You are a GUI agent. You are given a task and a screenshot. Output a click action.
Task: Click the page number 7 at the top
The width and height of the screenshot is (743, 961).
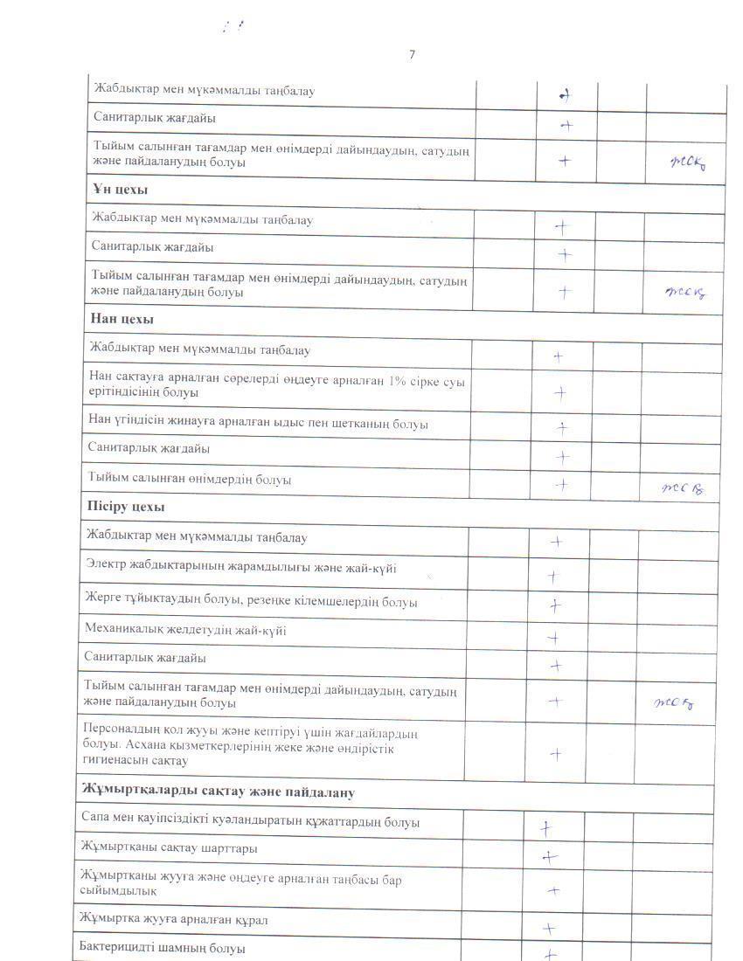[x=412, y=55]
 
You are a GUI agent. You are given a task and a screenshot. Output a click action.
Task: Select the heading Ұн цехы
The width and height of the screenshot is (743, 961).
[x=119, y=190]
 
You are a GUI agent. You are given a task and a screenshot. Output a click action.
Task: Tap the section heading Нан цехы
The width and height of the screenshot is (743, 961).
[x=121, y=320]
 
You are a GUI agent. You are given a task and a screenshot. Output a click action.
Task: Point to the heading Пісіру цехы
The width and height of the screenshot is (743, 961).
[x=126, y=508]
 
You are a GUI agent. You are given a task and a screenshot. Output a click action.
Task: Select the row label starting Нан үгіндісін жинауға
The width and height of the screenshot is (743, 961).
[x=258, y=424]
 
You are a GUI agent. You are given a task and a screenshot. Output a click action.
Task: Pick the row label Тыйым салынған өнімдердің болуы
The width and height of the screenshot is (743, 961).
[x=190, y=480]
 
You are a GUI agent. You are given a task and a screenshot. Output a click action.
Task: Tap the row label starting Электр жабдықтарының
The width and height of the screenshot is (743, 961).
[x=240, y=569]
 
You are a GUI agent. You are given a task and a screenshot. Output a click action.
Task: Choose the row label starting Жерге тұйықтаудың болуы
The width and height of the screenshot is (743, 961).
[x=251, y=602]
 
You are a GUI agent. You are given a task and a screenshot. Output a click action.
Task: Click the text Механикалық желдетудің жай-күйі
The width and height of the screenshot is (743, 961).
[x=184, y=630]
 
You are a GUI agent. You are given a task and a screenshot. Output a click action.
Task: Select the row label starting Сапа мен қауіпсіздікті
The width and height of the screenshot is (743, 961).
[x=249, y=822]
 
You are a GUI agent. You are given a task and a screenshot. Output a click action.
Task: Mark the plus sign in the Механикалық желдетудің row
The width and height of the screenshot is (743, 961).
[x=553, y=638]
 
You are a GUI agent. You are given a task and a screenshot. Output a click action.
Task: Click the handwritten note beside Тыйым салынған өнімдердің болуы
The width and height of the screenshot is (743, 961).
[x=684, y=487]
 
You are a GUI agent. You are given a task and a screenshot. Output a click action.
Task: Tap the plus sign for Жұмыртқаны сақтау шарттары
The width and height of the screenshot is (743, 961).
[x=549, y=857]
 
